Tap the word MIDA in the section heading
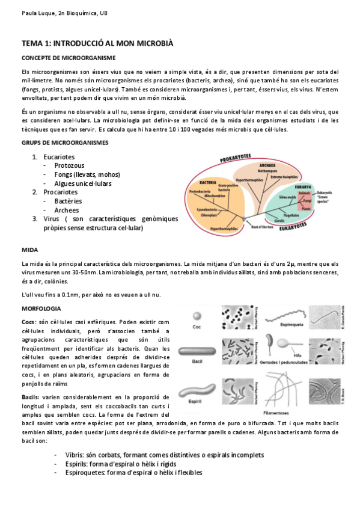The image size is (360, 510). (x=29, y=248)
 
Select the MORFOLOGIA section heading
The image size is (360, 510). (x=41, y=308)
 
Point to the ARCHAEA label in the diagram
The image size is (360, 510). (x=267, y=164)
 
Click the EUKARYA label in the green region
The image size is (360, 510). (x=303, y=187)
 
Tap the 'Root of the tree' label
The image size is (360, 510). (x=263, y=227)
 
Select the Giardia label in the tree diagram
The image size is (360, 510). (x=279, y=220)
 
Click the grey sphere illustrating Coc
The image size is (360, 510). (x=197, y=316)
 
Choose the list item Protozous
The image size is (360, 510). (x=69, y=165)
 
